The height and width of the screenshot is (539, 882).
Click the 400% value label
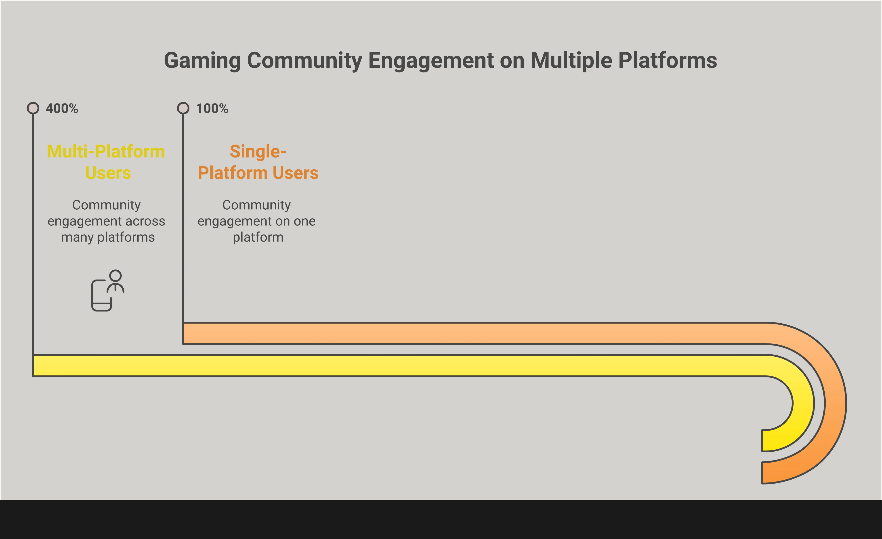pos(62,109)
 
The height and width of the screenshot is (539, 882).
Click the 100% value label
pos(212,109)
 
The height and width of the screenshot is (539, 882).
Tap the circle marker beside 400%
pos(33,108)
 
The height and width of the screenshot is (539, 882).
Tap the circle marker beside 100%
pos(183,108)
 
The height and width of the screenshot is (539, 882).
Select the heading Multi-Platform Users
pos(106,162)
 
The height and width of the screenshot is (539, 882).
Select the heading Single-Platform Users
pos(258,162)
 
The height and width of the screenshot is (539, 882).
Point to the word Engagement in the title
pos(431,61)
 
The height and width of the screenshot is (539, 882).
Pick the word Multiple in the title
pos(571,61)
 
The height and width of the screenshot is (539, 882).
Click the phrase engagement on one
pos(256,221)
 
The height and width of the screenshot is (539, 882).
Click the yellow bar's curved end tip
pos(763,440)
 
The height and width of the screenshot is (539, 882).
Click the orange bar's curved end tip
pos(763,473)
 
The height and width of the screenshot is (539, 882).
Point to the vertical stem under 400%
pos(33,235)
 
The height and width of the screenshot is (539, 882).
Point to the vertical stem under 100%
pos(183,219)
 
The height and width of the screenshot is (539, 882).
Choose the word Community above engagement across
pos(106,205)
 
